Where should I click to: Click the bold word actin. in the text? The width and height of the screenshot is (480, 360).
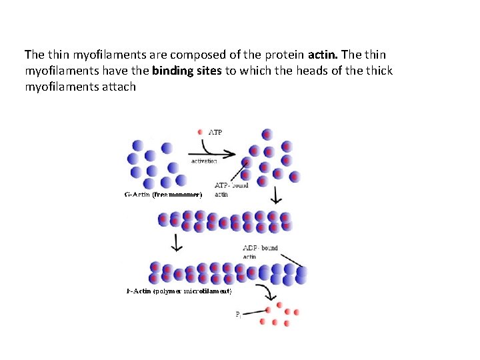point(324,53)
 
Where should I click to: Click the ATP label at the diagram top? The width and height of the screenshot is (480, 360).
point(216,132)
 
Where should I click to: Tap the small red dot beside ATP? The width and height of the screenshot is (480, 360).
point(201,133)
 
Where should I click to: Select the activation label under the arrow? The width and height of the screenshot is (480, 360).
point(204,161)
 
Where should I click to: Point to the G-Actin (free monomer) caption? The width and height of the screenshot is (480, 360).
point(163,195)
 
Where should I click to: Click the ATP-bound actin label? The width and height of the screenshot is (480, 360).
point(231,189)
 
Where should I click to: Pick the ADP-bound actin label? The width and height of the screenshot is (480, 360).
point(260,251)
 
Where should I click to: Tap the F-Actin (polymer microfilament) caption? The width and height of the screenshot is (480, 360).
point(179,291)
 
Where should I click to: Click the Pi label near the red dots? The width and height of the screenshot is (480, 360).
point(239,315)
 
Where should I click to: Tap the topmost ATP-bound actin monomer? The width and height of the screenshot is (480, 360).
point(267,134)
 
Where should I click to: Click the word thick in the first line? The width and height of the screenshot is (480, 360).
point(379,71)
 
